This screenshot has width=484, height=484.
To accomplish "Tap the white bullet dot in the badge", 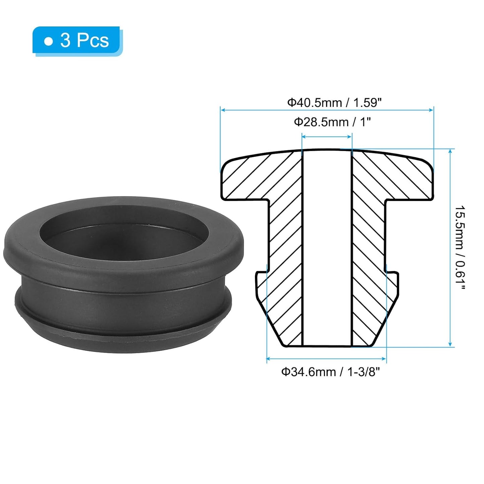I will coord(49,41).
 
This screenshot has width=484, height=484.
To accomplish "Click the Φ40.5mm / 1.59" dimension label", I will coord(334,102).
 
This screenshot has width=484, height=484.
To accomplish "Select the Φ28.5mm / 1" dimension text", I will coord(332,122).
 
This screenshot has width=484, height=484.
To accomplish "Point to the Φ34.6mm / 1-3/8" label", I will coord(331,372).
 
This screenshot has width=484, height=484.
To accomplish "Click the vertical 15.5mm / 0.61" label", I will coord(460,248).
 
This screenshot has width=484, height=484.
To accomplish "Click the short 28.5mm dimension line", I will coord(327,136).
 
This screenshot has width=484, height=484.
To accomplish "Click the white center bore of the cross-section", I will coord(327,248).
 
